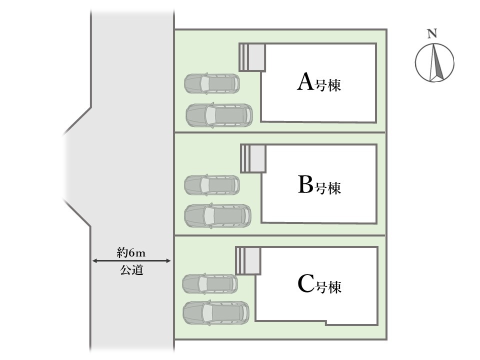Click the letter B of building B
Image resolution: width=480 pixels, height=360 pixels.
305,184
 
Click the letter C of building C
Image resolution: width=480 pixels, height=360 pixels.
305,284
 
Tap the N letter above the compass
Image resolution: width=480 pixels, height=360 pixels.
432,34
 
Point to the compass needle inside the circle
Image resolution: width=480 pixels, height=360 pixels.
436,62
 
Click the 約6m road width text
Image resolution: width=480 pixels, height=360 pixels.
131,252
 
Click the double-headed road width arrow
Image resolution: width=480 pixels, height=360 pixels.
131,261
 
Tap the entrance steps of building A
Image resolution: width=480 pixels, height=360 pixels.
252,57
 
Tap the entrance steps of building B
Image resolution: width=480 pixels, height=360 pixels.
253,158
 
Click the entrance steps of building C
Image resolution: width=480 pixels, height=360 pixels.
248,260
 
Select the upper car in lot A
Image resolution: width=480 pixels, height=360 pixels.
212,83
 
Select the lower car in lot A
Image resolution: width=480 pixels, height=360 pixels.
219,115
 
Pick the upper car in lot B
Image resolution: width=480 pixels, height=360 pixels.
212,185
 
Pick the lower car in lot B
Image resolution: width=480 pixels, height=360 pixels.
217,216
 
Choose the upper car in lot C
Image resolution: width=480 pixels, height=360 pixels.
210,284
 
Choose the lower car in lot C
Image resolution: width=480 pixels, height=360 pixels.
216,313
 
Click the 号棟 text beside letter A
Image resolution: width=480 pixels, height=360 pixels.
328,85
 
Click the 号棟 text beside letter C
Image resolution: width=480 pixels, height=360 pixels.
328,287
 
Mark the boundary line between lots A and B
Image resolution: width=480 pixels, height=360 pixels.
280,132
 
